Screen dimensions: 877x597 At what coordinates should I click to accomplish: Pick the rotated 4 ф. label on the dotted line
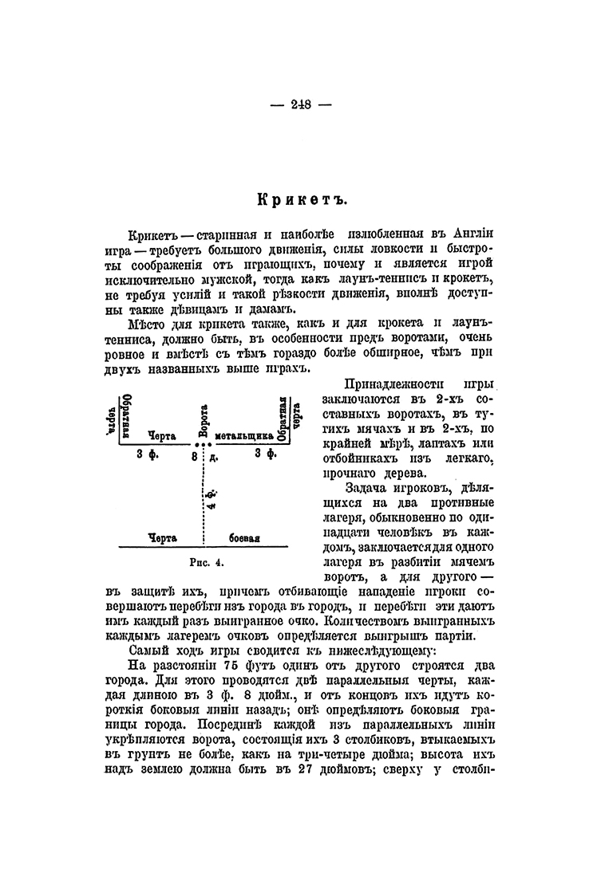[209, 499]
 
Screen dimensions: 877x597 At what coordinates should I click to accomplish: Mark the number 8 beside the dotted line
[193, 456]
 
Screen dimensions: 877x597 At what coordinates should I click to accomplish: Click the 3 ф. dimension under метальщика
[265, 455]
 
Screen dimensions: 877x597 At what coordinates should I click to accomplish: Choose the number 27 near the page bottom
[330, 771]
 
